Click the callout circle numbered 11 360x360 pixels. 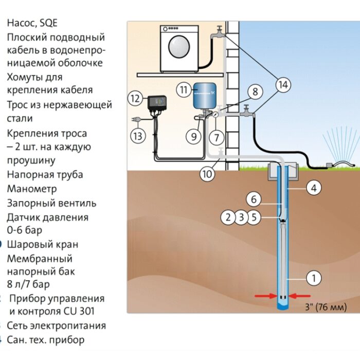[x=183, y=89]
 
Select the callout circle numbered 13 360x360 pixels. [x=137, y=136]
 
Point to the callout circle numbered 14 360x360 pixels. [x=282, y=85]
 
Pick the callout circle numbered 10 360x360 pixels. [x=207, y=174]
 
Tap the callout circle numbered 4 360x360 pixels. [x=314, y=188]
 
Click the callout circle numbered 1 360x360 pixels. [x=313, y=278]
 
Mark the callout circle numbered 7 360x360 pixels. [x=217, y=137]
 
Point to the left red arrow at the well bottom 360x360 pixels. [x=264, y=296]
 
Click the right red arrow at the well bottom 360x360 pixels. [x=300, y=296]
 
